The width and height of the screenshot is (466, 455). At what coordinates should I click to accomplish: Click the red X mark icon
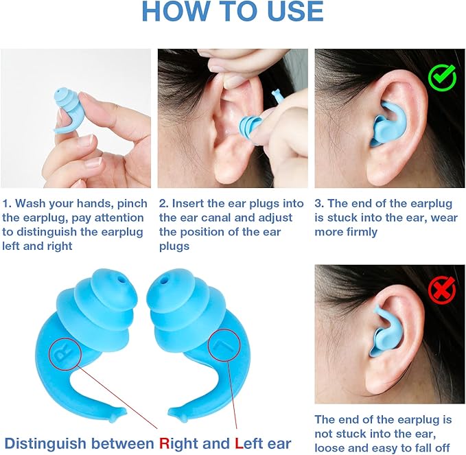442,291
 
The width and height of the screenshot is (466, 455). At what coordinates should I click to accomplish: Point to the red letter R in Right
164,443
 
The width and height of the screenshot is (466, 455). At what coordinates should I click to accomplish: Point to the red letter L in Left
239,443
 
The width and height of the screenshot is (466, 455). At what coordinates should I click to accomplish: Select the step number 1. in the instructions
8,204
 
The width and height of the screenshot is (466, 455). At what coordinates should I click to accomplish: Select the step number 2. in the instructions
164,204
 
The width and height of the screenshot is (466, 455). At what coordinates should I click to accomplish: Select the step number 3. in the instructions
321,204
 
